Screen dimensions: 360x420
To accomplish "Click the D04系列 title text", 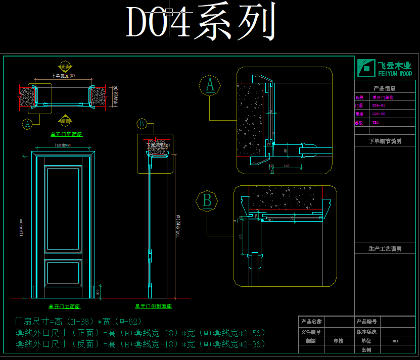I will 201,23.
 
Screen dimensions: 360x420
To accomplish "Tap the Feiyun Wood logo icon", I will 365,68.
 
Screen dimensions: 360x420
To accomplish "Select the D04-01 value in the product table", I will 379,106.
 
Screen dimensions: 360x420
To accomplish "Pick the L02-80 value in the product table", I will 379,114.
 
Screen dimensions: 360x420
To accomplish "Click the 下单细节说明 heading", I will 385,141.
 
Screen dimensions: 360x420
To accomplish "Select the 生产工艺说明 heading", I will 385,248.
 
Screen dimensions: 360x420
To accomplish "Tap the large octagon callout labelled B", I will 207,201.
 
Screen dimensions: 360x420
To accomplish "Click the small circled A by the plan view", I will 28,123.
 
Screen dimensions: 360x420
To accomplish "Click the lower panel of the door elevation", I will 63,273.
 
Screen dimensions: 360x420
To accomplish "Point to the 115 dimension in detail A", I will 287,165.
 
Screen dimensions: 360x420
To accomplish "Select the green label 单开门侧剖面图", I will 153,306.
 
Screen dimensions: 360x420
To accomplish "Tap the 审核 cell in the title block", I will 338,341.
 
